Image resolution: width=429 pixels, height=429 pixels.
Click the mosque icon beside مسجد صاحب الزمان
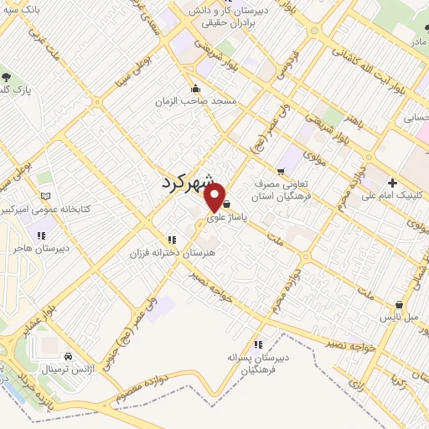195,89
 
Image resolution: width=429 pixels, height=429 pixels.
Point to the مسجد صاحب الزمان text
195,101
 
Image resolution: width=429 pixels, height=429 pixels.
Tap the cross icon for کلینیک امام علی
391,183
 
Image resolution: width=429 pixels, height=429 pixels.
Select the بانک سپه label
23,11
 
